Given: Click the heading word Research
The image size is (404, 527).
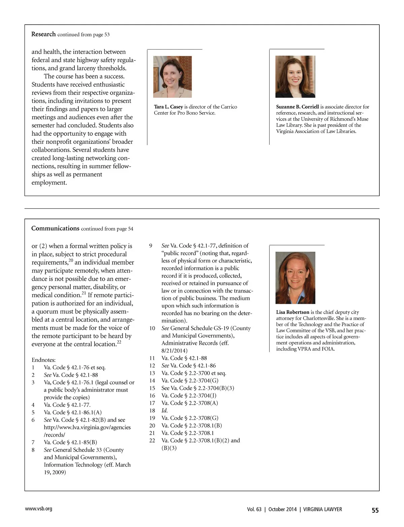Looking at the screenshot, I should (43, 34).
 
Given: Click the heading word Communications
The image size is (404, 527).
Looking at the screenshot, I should (55, 228).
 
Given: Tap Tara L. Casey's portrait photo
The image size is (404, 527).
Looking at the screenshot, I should (172, 77).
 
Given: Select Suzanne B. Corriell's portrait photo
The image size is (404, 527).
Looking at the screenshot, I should (295, 76).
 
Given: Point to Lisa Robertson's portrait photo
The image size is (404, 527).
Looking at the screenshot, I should (295, 278).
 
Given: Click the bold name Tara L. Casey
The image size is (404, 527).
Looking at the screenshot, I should (168, 107).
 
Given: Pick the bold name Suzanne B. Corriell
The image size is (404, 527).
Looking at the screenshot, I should (297, 107).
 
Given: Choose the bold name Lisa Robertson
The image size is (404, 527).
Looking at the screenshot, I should (293, 312).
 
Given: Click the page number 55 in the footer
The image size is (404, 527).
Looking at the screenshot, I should (375, 510).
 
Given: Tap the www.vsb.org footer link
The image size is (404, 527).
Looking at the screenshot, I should (39, 508).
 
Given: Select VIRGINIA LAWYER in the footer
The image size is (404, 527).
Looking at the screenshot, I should (323, 509).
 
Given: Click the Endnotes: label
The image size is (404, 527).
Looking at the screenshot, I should (44, 360).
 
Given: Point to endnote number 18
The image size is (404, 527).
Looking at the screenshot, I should (152, 410).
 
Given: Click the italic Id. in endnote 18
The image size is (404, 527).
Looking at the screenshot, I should (165, 410).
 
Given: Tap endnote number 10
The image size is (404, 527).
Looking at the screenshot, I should (152, 328).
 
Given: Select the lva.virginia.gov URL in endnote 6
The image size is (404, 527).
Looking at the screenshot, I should (87, 427).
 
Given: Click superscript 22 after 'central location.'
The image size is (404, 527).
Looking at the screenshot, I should (119, 342).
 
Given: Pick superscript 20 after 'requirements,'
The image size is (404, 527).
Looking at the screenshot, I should (71, 260).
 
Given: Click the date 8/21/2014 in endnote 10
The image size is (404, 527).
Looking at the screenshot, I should (174, 350).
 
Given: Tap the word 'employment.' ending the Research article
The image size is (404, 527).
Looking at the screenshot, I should (49, 183).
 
